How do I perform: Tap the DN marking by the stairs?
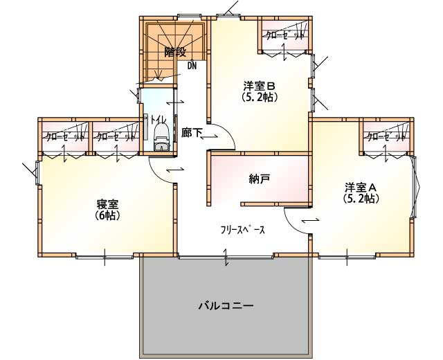click(x=192, y=66)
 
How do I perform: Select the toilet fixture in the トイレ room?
click(x=162, y=138)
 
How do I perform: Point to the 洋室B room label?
click(x=259, y=85)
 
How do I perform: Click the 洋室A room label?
click(x=361, y=187)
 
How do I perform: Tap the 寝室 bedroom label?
click(x=107, y=204)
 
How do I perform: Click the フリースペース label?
click(x=243, y=230)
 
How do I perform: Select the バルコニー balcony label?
click(x=225, y=306)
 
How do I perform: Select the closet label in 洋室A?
click(x=386, y=137)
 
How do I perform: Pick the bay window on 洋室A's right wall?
click(x=415, y=187)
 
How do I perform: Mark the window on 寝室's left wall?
click(x=37, y=172)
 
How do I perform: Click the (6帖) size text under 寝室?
click(x=107, y=215)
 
